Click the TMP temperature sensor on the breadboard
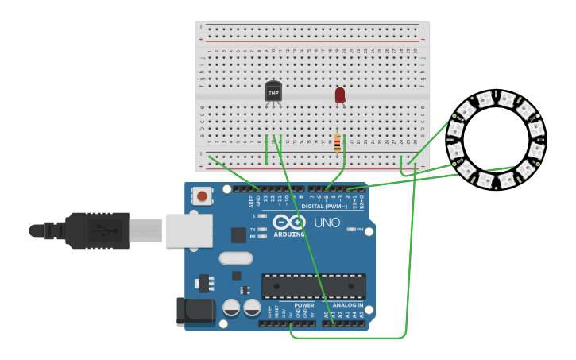pos(273,92)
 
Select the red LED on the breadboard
pos(340,95)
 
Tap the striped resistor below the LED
pos(337,142)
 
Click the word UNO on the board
pos(327,223)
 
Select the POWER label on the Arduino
pos(304,305)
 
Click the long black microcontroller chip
pos(314,286)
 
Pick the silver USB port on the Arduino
pos(189,230)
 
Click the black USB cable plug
pos(95,230)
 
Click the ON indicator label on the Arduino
pos(360,230)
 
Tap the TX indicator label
pos(253,229)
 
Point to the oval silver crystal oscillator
pos(235,258)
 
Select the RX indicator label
pos(253,236)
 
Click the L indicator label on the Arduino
pos(254,215)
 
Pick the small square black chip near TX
pos(238,234)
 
